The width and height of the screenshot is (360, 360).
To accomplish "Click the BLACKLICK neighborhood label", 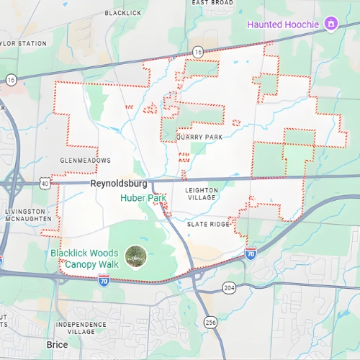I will (123, 13).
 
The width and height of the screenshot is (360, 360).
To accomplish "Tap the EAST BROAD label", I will (212, 3).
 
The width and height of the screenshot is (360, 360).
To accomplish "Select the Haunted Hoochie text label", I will (282, 24).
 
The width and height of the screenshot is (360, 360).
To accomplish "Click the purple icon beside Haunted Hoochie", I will (330, 24).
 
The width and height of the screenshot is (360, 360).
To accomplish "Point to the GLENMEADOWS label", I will (86, 160).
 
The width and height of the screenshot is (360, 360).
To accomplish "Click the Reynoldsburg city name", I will (119, 184).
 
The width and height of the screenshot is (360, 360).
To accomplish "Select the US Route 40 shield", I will (45, 184).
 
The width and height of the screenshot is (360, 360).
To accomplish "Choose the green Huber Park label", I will (143, 198).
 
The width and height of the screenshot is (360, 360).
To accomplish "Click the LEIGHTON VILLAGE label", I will (201, 194).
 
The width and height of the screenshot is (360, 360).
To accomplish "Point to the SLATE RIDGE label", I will (208, 225).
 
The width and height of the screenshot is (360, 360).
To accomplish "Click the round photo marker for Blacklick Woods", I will (135, 254).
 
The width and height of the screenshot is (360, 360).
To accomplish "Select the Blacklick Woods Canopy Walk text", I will (85, 259).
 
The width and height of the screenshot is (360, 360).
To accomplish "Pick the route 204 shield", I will (229, 287).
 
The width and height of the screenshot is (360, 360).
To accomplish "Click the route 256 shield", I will (210, 322).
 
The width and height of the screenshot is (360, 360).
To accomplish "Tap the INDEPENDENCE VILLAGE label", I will (81, 328).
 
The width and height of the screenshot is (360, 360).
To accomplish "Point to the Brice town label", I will (57, 345).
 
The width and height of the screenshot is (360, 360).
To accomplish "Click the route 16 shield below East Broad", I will (198, 52).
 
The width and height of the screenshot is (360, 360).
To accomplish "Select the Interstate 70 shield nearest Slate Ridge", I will (251, 253).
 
